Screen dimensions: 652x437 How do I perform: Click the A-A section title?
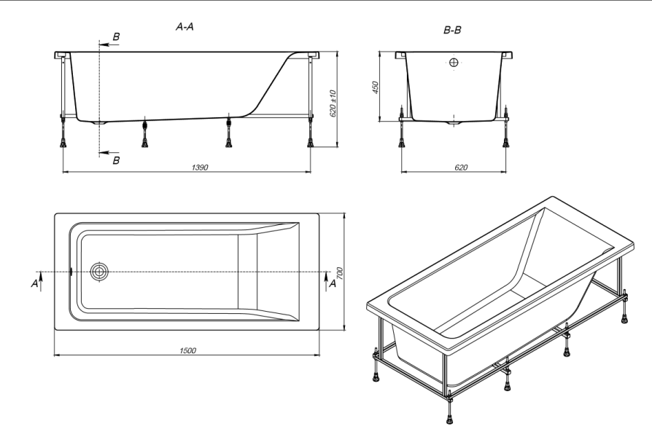click(x=185, y=27)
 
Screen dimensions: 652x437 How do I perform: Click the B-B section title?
click(x=452, y=30)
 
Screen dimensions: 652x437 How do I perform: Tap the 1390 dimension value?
click(x=200, y=168)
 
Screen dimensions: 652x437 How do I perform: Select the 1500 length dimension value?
click(x=187, y=350)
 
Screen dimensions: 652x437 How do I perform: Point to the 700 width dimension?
click(x=339, y=273)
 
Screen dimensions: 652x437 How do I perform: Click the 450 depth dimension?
click(x=375, y=87)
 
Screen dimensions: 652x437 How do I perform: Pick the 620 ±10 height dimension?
click(x=333, y=103)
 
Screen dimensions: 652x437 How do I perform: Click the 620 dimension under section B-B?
click(x=461, y=168)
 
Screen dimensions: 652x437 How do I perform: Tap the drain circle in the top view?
click(x=99, y=272)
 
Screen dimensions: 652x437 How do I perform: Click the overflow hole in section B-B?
click(x=454, y=63)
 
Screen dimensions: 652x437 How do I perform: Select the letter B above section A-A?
click(x=117, y=36)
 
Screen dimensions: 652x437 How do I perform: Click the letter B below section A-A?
click(x=117, y=160)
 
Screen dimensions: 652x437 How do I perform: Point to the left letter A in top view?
click(x=34, y=284)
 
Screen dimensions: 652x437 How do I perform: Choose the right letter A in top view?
click(x=333, y=284)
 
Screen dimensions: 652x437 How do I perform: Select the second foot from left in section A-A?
click(x=144, y=132)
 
